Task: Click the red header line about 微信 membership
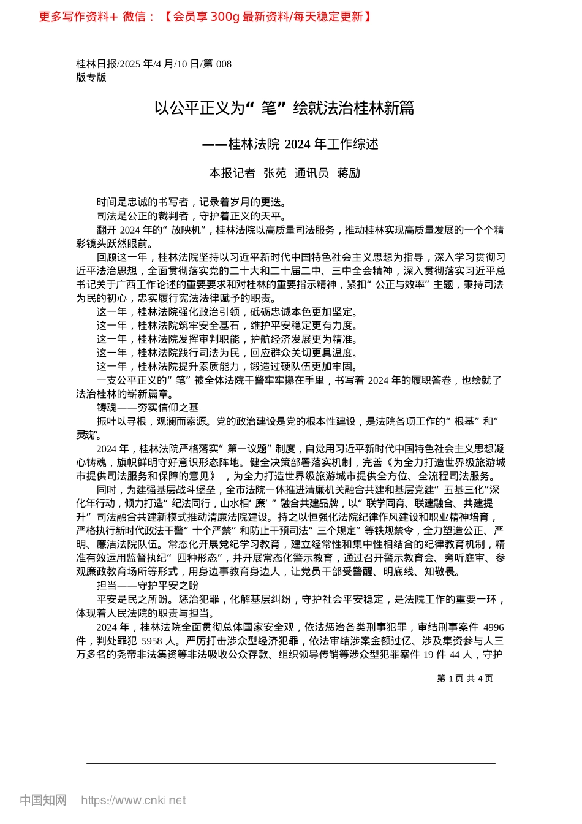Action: click(x=205, y=17)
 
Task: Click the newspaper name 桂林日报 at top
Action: click(x=96, y=64)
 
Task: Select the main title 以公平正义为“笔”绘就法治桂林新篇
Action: click(x=284, y=109)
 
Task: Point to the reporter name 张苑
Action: click(x=275, y=173)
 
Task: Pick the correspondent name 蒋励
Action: click(x=349, y=173)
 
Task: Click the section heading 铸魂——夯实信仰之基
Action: click(x=148, y=408)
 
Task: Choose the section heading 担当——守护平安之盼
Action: click(x=148, y=586)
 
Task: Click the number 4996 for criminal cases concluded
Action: click(x=493, y=627)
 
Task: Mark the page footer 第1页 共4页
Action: click(x=465, y=678)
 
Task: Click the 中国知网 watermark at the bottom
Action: click(x=43, y=800)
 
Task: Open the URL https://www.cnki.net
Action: click(x=134, y=800)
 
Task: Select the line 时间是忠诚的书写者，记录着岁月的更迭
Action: click(x=192, y=202)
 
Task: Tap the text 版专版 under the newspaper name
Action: click(x=91, y=77)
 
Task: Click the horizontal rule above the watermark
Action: click(x=291, y=763)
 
